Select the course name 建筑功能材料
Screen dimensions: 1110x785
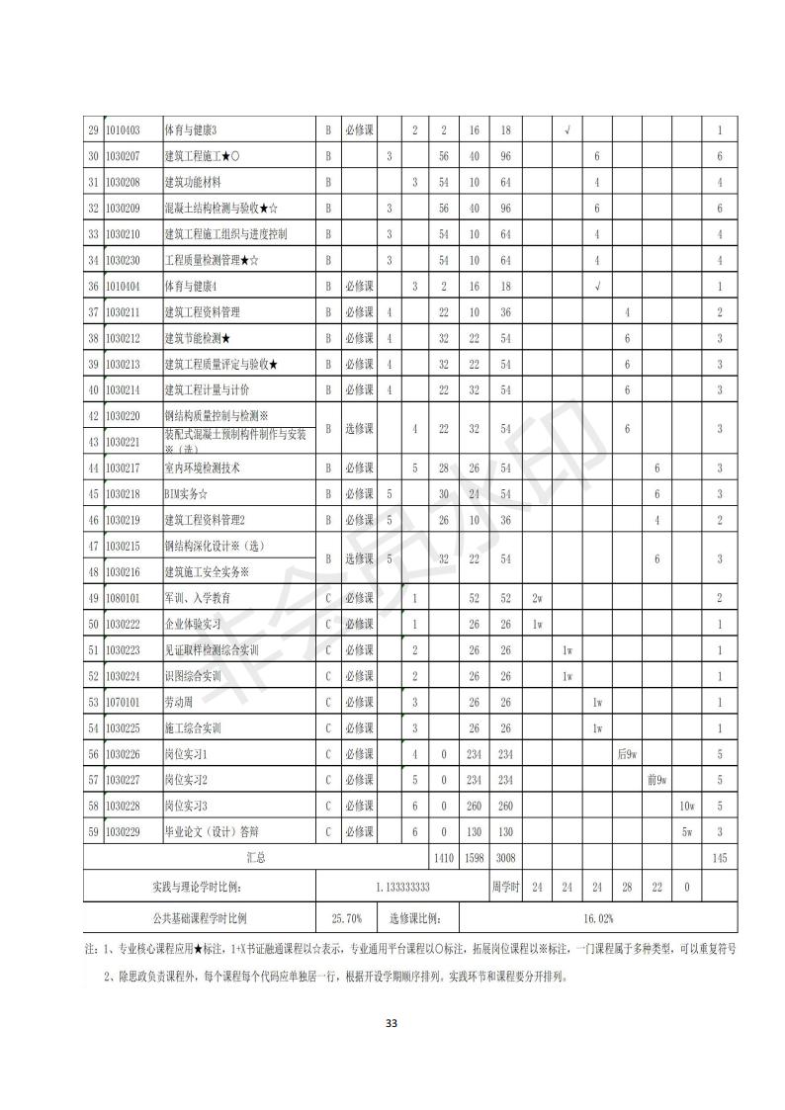point(193,182)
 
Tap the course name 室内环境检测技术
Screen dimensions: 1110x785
point(202,468)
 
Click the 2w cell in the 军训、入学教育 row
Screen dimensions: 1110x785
point(537,598)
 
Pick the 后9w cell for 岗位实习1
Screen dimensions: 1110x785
point(627,754)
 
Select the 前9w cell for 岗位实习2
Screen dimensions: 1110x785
point(656,780)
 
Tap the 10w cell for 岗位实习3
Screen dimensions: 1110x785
point(686,806)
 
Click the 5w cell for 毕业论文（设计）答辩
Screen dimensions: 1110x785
point(686,831)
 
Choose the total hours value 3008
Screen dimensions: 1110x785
point(505,858)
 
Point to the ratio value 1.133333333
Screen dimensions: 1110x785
point(402,888)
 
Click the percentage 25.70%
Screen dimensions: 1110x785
point(345,918)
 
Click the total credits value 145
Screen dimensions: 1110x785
point(719,858)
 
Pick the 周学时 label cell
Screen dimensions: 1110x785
point(505,888)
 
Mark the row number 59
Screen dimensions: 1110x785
point(93,831)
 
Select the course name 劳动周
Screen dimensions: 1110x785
point(178,702)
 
